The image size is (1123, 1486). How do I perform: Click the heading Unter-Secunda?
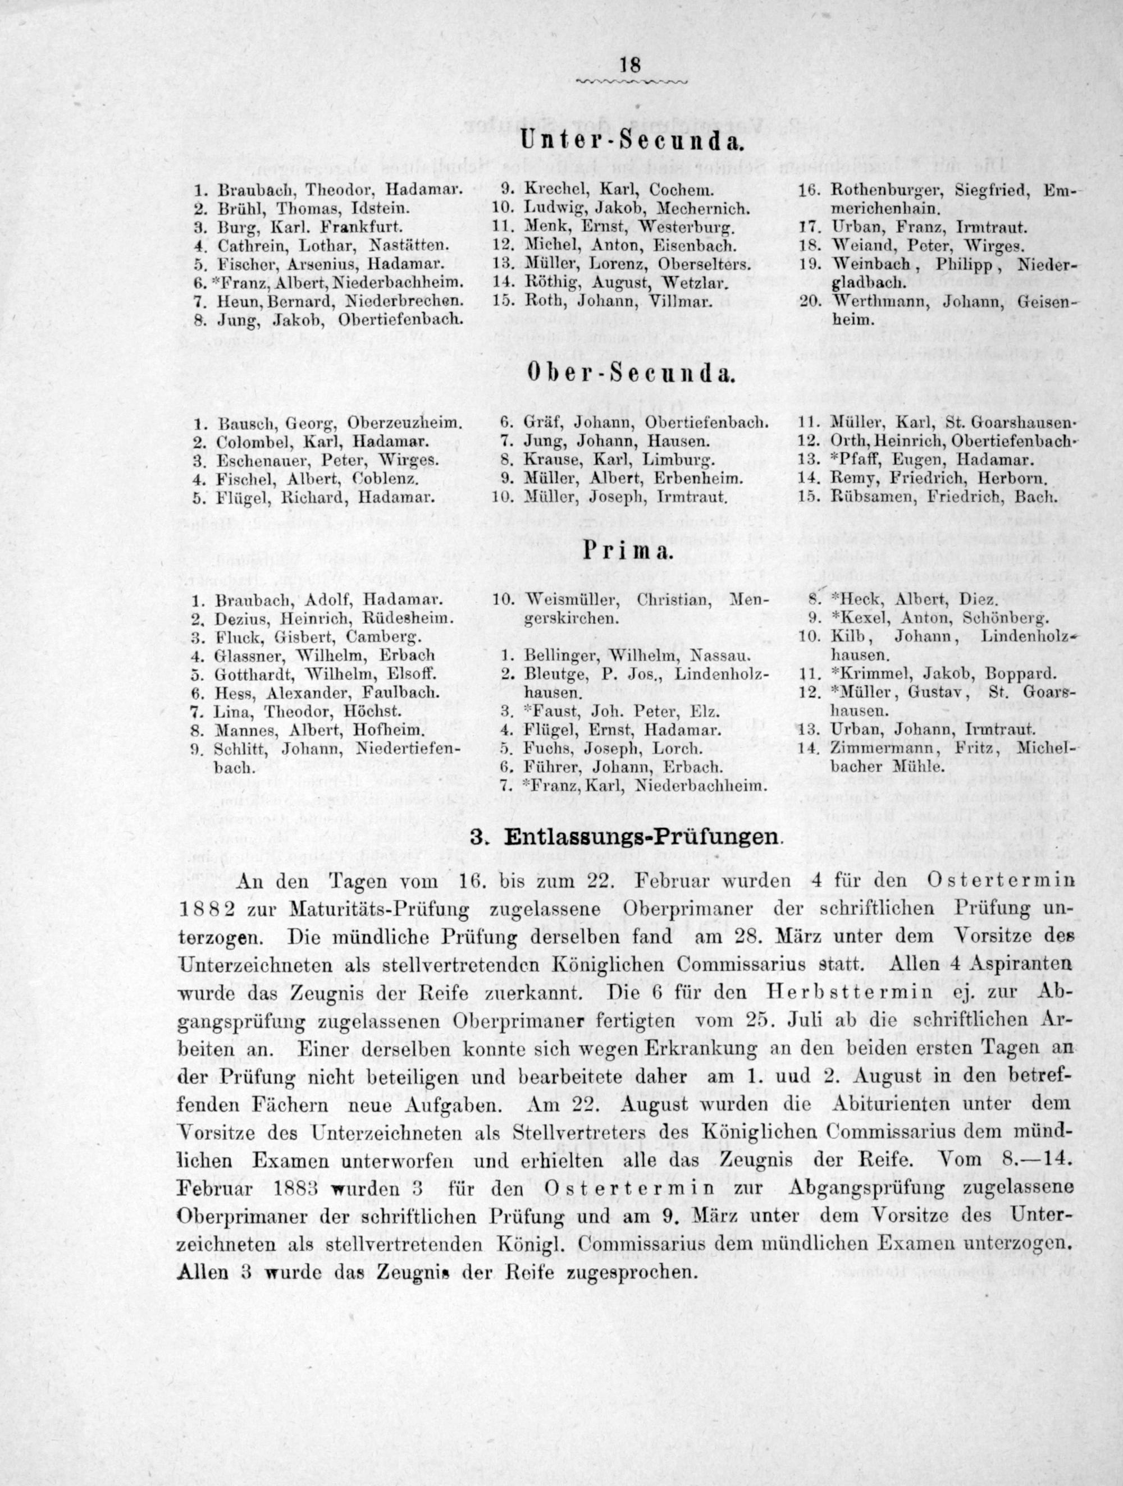[x=631, y=142]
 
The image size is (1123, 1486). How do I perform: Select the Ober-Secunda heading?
[x=631, y=374]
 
